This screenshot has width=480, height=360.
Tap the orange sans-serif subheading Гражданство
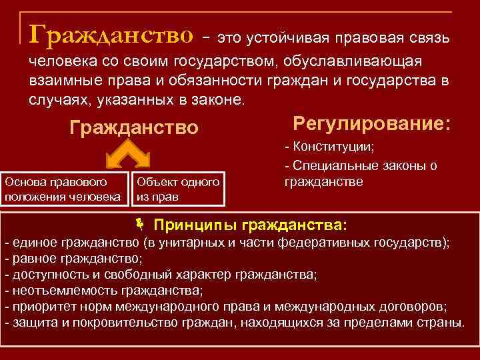click(134, 127)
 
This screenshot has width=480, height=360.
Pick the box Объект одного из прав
click(178, 189)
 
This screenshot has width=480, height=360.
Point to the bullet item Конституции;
click(329, 147)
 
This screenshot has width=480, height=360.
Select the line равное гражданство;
click(73, 257)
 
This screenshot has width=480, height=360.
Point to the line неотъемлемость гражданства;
click(103, 291)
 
